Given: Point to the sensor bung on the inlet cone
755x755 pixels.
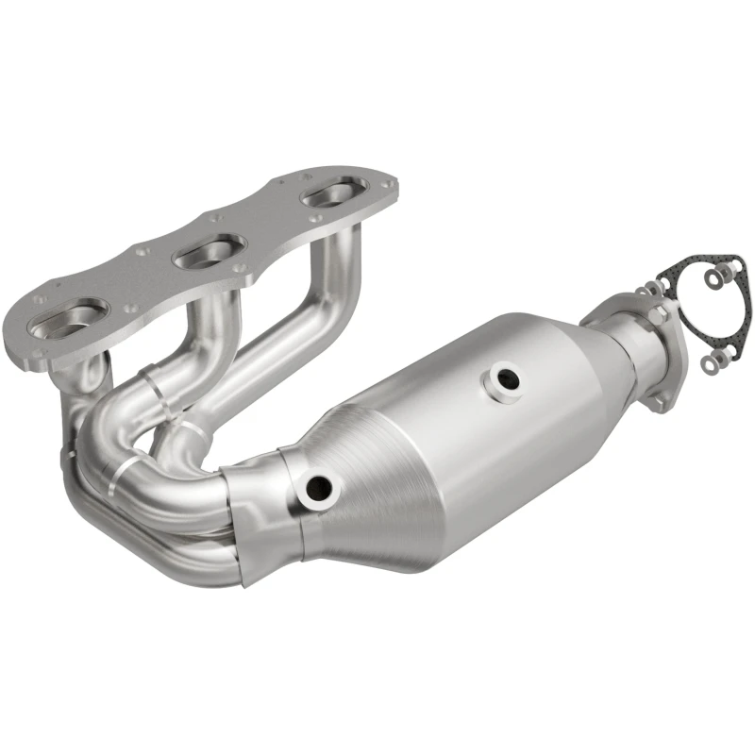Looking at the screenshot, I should click(318, 487).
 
